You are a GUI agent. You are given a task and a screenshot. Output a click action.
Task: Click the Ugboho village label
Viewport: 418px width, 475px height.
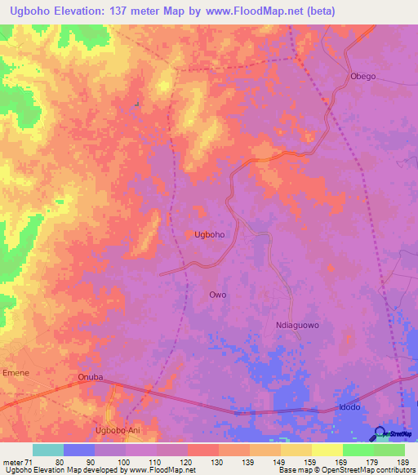coord(209,234)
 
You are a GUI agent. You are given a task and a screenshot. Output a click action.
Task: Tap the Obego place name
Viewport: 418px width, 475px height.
coord(362,76)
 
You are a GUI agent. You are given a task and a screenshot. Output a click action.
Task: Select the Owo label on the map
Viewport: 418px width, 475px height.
coord(217,295)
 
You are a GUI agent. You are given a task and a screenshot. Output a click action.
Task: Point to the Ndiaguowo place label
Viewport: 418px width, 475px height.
coord(296,325)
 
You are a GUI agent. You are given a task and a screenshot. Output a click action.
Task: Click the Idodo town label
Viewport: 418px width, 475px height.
coord(349,406)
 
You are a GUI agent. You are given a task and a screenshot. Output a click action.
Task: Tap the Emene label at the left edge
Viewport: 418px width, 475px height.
coord(16,372)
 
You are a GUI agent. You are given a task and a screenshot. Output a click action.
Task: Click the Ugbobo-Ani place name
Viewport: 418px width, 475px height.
coord(117,431)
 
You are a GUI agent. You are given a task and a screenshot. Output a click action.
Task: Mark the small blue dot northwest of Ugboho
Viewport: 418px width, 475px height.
coord(137,104)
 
